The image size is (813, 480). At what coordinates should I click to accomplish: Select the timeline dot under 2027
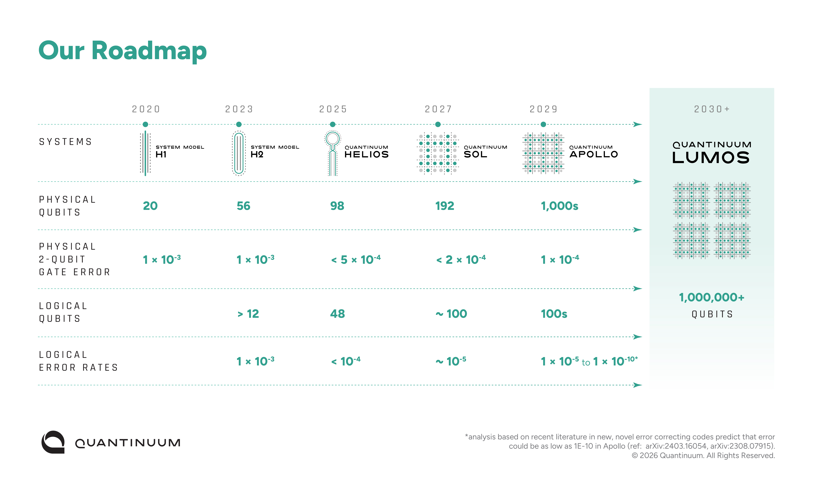point(438,124)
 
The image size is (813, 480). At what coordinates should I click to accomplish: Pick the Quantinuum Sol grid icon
point(438,153)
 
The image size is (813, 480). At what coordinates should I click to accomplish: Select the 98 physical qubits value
point(337,206)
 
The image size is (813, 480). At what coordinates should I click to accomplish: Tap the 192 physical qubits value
point(445,206)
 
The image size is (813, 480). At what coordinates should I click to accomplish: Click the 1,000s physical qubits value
point(560,206)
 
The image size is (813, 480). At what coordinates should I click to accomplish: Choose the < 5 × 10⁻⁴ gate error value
point(356,259)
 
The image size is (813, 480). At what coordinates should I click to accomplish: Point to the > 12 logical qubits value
point(248,314)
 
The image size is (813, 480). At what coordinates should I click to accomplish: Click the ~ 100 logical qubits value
point(451,314)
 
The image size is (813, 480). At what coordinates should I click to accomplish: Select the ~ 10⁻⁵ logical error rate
point(451,361)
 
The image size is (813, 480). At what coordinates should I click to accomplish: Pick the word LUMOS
point(711,158)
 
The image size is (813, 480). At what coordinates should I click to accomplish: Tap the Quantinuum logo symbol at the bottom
point(53,442)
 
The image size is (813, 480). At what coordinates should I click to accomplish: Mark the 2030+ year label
point(712,109)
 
